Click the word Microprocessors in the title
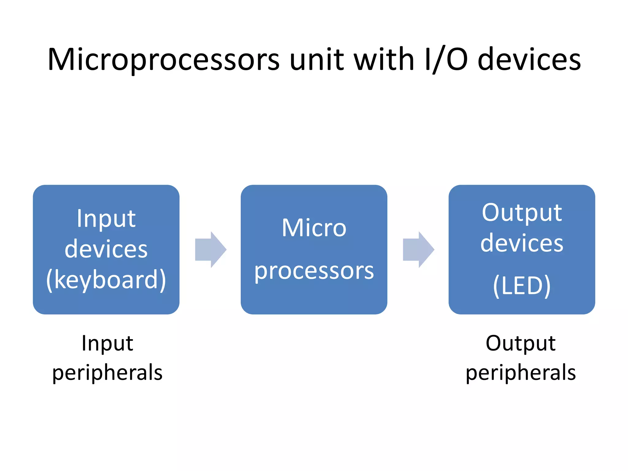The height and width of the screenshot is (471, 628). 163,60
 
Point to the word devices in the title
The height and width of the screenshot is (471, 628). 529,60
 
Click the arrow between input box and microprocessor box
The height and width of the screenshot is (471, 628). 211,250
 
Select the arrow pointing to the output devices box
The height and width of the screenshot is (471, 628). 419,250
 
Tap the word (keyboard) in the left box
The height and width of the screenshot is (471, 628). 106,280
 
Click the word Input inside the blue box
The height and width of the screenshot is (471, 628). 106,219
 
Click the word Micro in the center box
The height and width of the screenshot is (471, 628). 314,228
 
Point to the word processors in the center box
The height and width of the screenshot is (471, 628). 314,272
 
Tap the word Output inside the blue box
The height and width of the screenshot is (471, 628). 522,213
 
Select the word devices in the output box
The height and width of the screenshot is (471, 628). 522,243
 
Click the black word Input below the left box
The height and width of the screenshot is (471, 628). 107,343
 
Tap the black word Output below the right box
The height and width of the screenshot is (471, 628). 520,343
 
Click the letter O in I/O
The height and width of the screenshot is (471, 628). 457,60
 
